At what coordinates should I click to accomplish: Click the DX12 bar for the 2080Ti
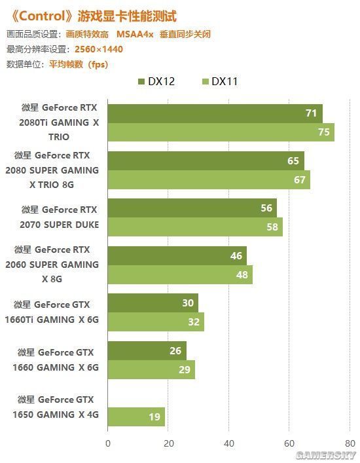(215, 113)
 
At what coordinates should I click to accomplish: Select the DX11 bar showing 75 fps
(221, 132)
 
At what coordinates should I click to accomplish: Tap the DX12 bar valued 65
(206, 161)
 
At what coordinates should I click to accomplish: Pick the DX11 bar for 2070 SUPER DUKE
(195, 227)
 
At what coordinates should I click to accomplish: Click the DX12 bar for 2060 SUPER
(177, 255)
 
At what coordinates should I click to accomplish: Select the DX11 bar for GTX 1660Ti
(156, 322)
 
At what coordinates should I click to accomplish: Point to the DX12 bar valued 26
(147, 351)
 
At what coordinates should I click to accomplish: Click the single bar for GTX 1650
(136, 417)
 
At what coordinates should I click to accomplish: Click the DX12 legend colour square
(141, 81)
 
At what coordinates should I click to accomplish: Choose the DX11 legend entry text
(225, 81)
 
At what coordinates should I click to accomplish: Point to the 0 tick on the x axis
(108, 443)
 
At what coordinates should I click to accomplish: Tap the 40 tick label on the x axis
(229, 443)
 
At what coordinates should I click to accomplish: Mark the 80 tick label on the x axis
(350, 443)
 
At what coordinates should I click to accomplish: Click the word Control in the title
(42, 16)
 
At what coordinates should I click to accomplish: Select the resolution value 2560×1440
(99, 49)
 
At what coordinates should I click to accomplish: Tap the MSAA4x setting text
(135, 34)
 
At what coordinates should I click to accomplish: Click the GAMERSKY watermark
(326, 455)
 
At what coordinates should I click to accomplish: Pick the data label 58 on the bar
(272, 227)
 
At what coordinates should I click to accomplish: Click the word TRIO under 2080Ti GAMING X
(59, 137)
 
